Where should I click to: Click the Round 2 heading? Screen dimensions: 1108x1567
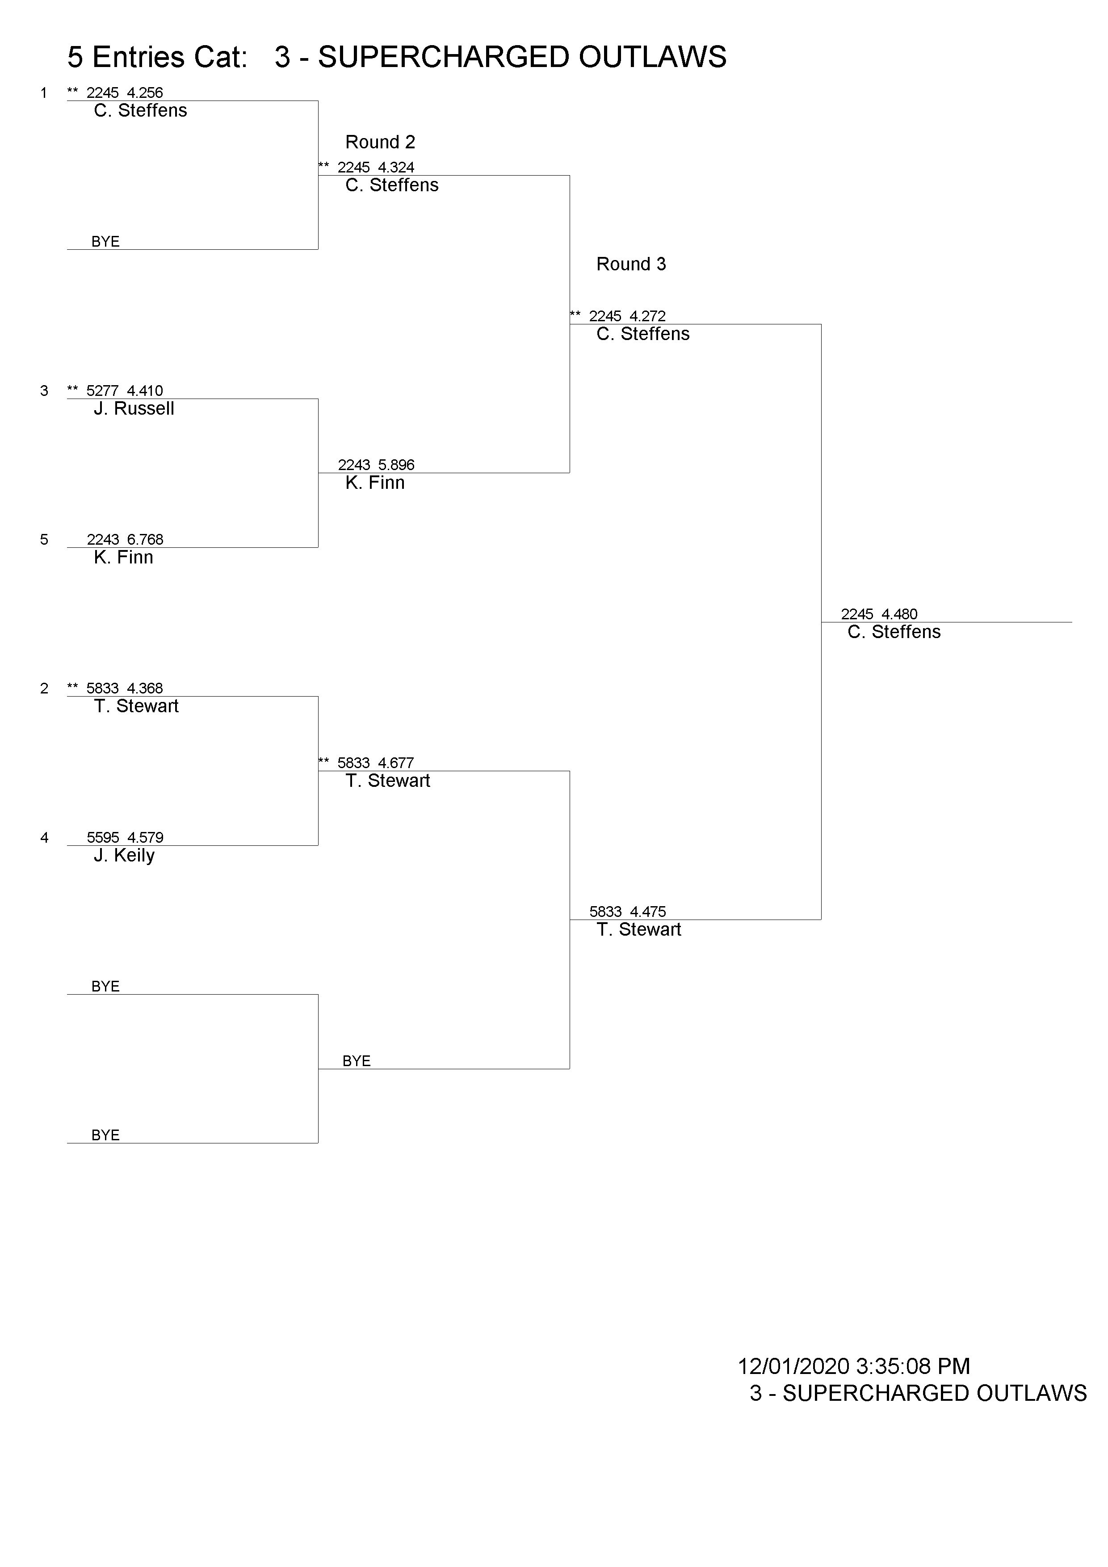pyautogui.click(x=380, y=142)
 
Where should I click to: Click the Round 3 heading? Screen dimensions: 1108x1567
pyautogui.click(x=631, y=264)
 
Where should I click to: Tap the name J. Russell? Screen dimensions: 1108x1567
pyautogui.click(x=134, y=409)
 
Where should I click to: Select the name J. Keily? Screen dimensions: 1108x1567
pyautogui.click(x=124, y=856)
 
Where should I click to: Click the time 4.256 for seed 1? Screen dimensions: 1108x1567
pyautogui.click(x=145, y=93)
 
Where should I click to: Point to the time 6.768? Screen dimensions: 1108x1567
pyautogui.click(x=145, y=540)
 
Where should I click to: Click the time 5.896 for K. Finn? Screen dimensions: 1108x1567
pyautogui.click(x=396, y=466)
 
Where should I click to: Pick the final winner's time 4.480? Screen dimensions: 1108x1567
pyautogui.click(x=899, y=614)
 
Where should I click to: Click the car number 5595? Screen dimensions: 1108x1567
pyautogui.click(x=103, y=837)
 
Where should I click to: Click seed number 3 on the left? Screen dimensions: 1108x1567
pyautogui.click(x=44, y=391)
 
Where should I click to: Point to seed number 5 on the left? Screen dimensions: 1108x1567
pyautogui.click(x=44, y=540)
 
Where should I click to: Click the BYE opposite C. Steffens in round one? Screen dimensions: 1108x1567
pyautogui.click(x=106, y=242)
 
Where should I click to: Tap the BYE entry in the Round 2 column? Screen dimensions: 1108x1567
pyautogui.click(x=357, y=1061)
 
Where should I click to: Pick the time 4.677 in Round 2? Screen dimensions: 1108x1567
pyautogui.click(x=396, y=763)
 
